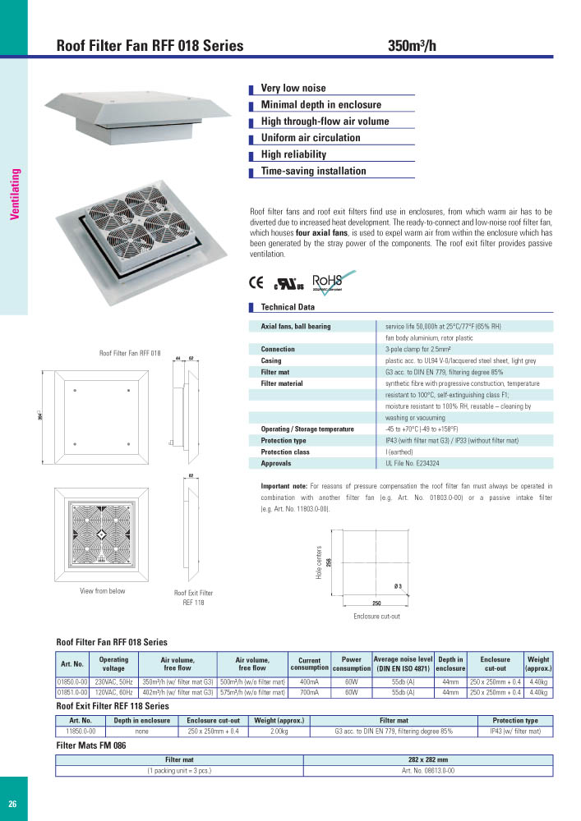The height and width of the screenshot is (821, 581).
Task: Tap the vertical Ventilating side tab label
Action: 14,194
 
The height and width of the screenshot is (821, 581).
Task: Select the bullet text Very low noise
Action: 293,88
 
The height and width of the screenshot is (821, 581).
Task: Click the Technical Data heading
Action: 287,307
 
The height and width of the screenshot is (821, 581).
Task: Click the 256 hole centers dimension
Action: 328,562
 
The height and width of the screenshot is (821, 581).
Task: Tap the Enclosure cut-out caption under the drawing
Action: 376,616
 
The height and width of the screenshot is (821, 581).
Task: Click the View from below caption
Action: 102,591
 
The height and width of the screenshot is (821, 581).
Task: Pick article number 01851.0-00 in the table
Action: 72,692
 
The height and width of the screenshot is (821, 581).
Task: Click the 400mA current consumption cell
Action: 309,681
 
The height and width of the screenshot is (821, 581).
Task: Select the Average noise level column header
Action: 403,663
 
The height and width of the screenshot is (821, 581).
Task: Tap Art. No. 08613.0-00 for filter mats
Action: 427,771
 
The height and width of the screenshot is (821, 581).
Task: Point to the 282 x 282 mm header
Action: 427,760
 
